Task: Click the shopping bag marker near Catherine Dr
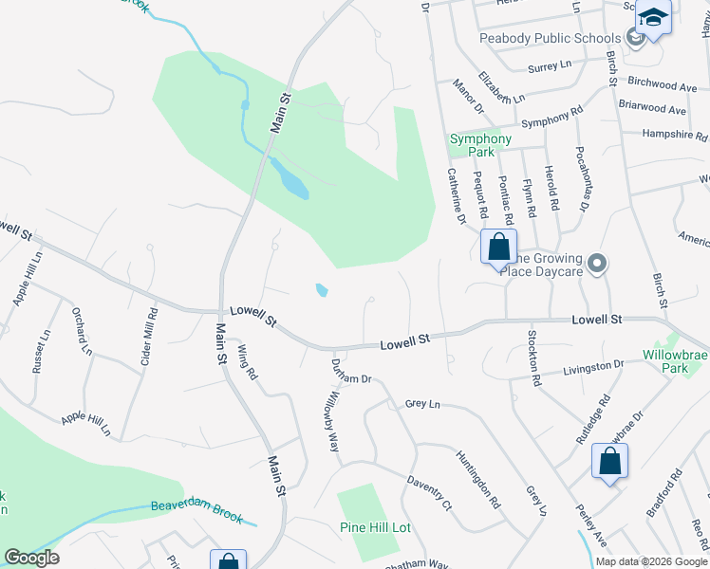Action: pyautogui.click(x=498, y=248)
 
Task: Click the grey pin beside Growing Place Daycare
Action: pyautogui.click(x=596, y=264)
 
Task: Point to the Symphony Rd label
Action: pyautogui.click(x=551, y=120)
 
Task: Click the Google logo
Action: pyautogui.click(x=31, y=558)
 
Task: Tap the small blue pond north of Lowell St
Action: pyautogui.click(x=322, y=290)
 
